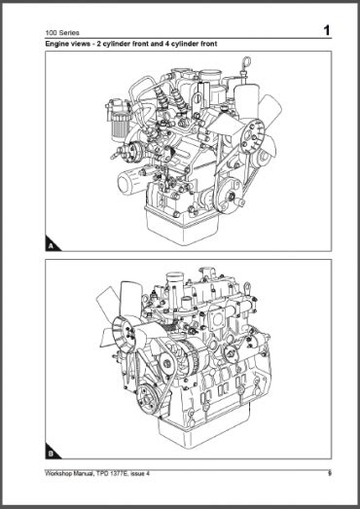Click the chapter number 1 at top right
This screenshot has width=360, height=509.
[326, 30]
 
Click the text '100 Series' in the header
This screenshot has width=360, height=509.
[62, 33]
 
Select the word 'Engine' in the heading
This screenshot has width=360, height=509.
[55, 44]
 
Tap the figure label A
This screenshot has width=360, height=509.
[51, 246]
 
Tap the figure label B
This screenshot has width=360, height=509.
[51, 454]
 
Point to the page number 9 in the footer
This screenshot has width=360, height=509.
[330, 473]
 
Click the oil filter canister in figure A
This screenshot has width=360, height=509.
[129, 182]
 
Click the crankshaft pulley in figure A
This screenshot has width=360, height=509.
[231, 196]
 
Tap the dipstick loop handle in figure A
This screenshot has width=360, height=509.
[247, 61]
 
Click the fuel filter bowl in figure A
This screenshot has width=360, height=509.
[120, 127]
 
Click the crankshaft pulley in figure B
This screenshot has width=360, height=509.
[149, 399]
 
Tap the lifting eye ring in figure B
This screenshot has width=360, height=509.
[247, 287]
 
